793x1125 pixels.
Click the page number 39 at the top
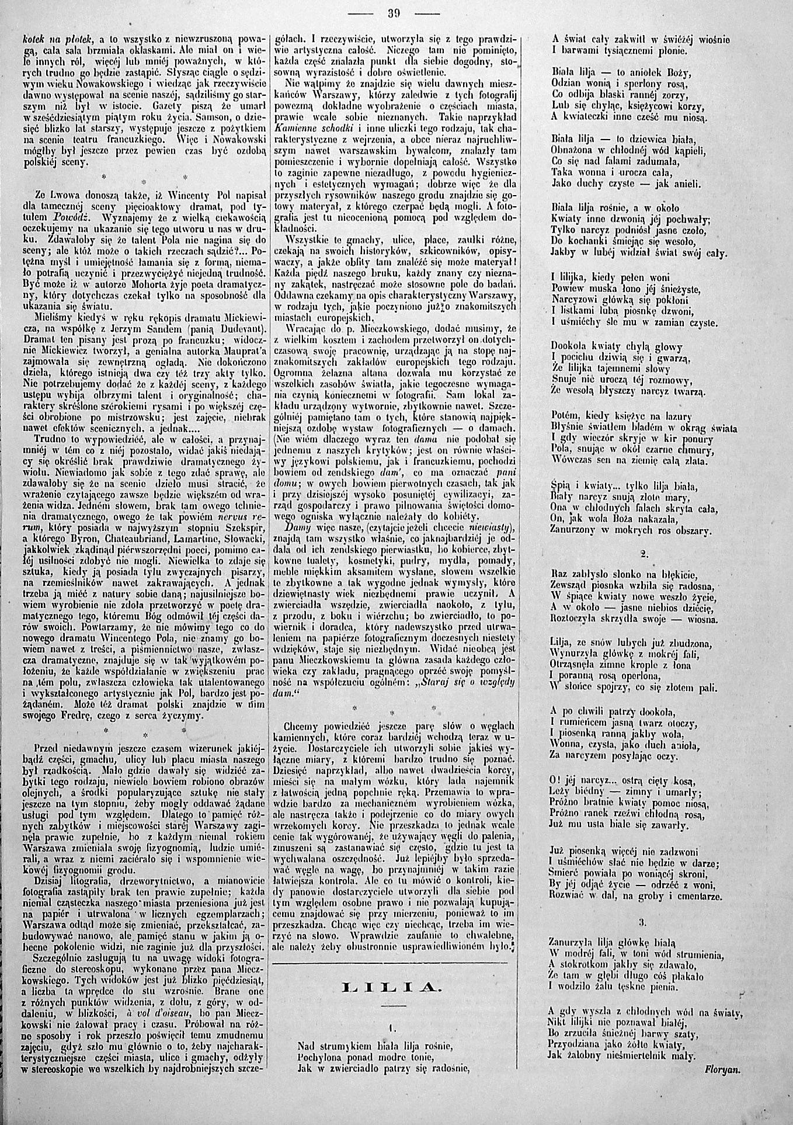click(396, 12)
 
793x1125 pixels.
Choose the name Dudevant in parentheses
click(235, 327)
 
